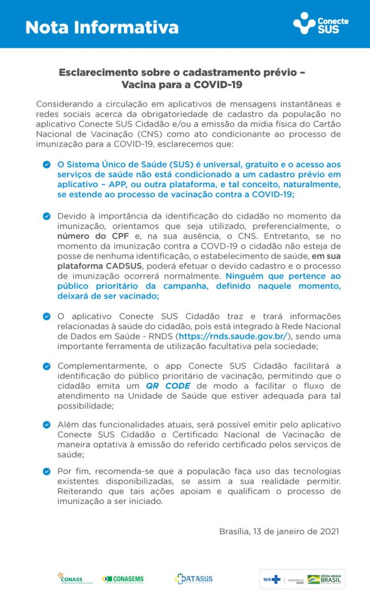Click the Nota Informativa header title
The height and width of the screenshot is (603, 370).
pos(102,27)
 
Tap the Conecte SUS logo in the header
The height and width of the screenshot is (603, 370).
pos(321,24)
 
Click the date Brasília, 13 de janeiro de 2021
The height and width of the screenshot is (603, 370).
pos(279,531)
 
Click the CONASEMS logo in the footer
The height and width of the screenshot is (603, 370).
pos(123,579)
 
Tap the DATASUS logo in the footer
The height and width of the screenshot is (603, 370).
pos(193,579)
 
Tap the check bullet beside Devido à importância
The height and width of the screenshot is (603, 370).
pos(47,216)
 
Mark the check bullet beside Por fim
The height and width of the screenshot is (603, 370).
pos(47,471)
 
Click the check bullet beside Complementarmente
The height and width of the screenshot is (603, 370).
pos(47,366)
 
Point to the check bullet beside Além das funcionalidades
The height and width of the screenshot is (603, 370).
pos(47,424)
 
